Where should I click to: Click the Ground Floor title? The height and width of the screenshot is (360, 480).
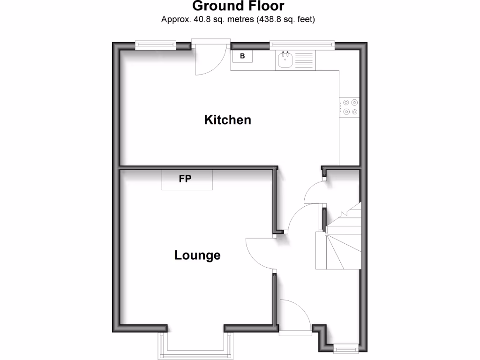pos(238,6)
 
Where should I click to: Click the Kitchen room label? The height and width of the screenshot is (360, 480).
pos(228,120)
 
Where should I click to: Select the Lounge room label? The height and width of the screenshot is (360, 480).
pos(197,255)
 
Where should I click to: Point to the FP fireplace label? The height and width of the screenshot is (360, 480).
pos(186,179)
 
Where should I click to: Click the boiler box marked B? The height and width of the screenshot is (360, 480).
pos(242,56)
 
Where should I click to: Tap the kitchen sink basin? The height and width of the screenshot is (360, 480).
pos(285,60)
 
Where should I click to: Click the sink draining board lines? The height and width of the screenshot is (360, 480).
pos(304,60)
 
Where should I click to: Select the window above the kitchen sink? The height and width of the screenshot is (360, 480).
pos(302,45)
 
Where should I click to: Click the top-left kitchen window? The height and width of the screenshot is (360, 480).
pos(155,45)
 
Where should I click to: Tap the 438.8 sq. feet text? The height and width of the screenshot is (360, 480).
pos(285,19)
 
